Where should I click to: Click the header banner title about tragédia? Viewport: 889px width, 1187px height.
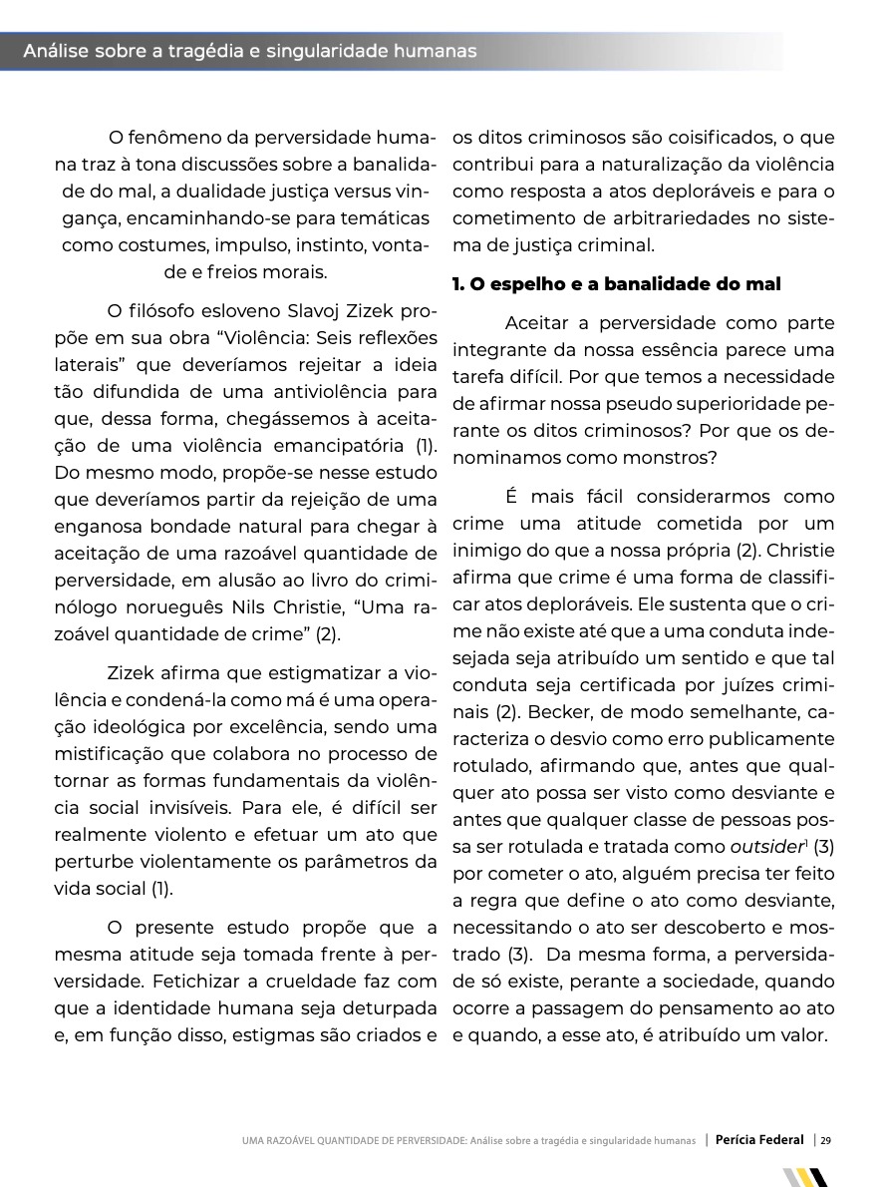[x=249, y=51]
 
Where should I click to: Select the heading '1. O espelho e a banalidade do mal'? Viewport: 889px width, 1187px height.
[x=616, y=284]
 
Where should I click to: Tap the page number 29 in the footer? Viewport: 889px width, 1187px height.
[x=826, y=1140]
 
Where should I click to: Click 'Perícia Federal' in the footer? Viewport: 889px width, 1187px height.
[x=759, y=1140]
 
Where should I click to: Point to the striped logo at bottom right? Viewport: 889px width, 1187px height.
[x=805, y=1177]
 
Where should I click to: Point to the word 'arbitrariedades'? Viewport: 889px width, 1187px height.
[x=679, y=217]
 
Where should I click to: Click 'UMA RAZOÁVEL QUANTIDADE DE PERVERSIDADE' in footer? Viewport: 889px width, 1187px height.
[x=353, y=1141]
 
